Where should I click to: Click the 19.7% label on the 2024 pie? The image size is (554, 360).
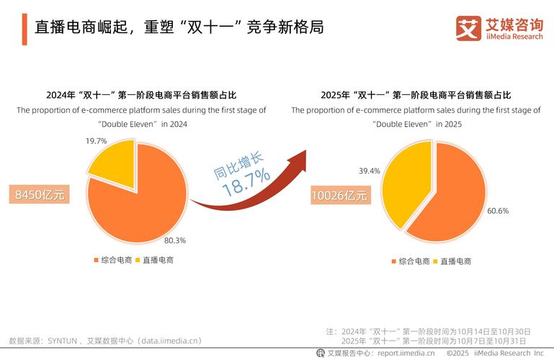pyautogui.click(x=97, y=141)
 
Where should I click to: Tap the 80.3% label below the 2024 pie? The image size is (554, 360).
pyautogui.click(x=175, y=240)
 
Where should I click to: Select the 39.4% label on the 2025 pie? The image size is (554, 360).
pyautogui.click(x=370, y=171)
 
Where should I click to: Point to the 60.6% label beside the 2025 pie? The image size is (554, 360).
pyautogui.click(x=498, y=211)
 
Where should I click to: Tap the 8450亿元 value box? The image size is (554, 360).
pyautogui.click(x=40, y=194)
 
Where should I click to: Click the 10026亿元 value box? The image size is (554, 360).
pyautogui.click(x=339, y=195)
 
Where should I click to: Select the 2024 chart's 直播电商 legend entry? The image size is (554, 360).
pyautogui.click(x=154, y=260)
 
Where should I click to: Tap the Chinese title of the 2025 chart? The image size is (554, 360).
pyautogui.click(x=416, y=95)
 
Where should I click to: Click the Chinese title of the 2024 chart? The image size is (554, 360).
pyautogui.click(x=141, y=95)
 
